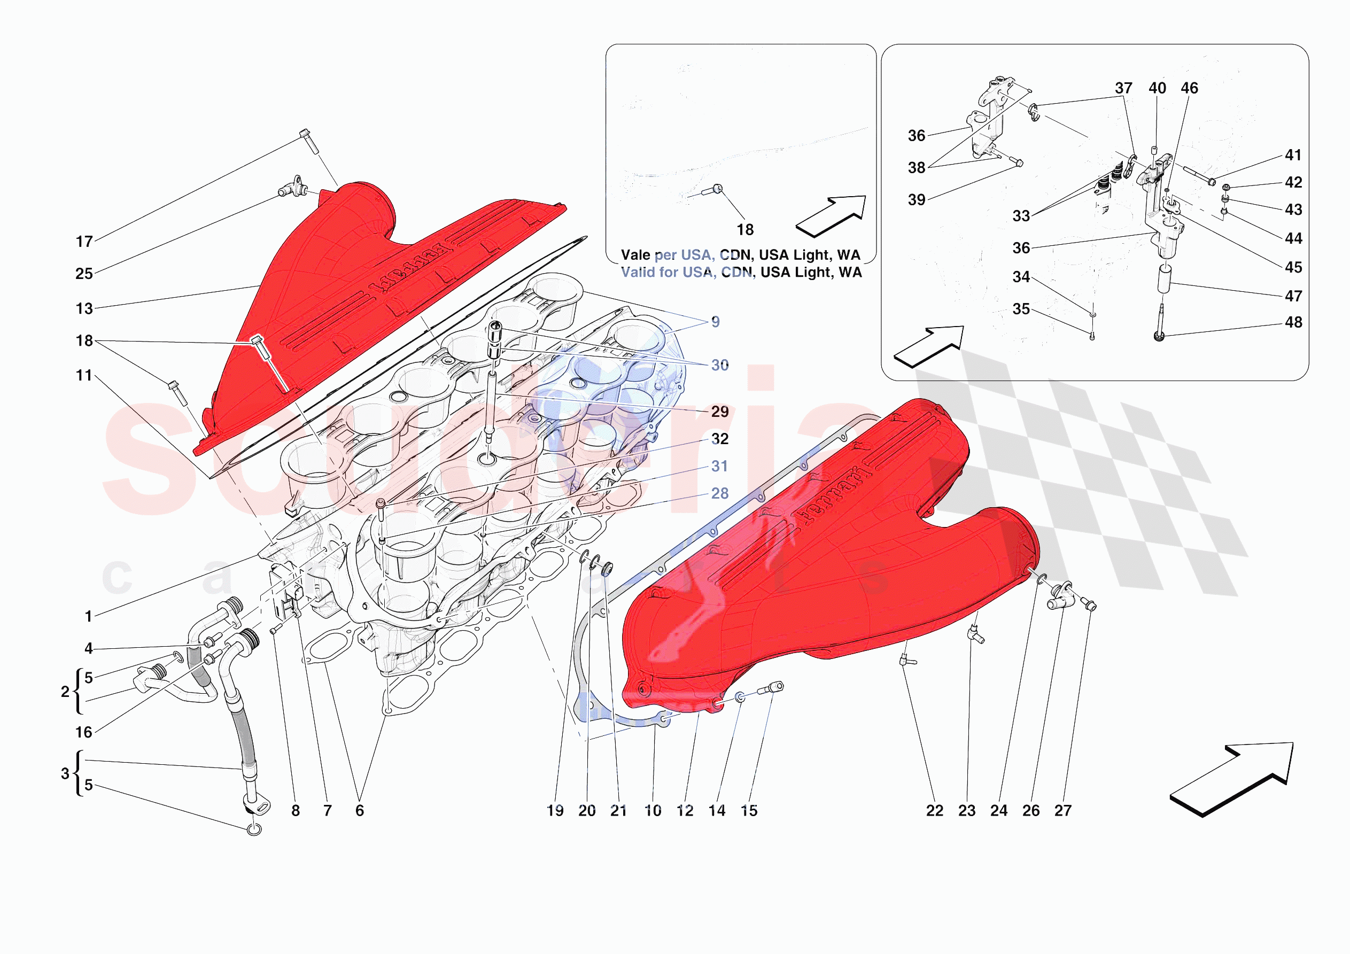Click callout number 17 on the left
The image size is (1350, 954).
coord(84,242)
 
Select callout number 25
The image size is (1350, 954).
coord(84,274)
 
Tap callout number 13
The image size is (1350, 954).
coord(84,309)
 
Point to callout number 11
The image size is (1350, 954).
coord(84,375)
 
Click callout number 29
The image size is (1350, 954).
coord(720,412)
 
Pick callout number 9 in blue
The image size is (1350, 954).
coord(715,322)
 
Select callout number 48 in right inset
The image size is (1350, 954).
coord(1293,322)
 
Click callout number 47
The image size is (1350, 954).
coord(1293,296)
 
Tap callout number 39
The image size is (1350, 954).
coord(916,200)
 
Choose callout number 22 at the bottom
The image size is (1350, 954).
coord(934,810)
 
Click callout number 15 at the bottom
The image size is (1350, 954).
coord(749,810)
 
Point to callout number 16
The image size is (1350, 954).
coord(84,732)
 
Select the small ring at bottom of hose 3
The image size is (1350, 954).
coord(254,829)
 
